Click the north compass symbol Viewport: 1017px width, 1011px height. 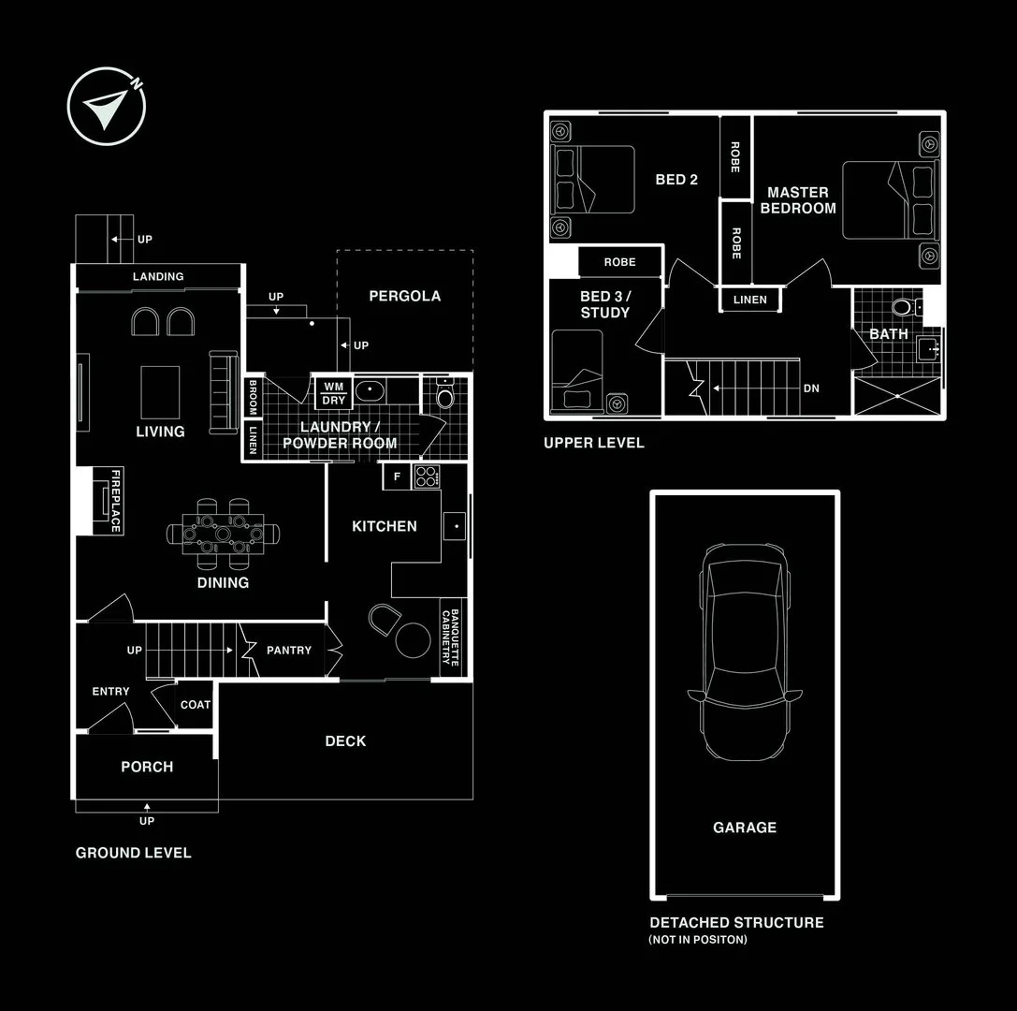pos(107,106)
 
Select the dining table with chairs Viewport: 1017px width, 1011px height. pos(223,534)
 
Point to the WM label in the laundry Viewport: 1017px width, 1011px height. pos(333,386)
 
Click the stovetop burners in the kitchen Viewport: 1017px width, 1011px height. pos(427,476)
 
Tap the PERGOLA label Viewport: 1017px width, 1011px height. pos(404,296)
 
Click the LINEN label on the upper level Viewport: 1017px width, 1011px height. pos(750,300)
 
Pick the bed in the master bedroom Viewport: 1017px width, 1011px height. pos(889,200)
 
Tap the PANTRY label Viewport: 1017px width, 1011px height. pos(288,650)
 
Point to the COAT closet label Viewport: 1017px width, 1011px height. pos(195,705)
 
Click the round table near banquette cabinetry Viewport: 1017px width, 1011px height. pos(413,641)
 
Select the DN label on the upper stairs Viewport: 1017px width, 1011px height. pos(810,388)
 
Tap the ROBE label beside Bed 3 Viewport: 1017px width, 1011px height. pos(619,262)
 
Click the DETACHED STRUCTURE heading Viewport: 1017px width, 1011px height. pos(736,922)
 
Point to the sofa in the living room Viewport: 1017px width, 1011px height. pos(225,391)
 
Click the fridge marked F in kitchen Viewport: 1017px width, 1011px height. pos(397,476)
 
